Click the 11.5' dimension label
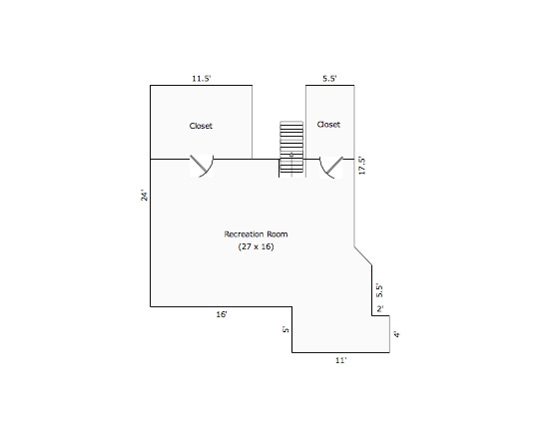(202, 79)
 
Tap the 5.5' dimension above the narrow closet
(329, 79)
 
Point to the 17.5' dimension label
(361, 166)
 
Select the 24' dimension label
(144, 196)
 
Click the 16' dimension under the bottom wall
(222, 314)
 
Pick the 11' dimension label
(340, 360)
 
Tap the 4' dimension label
(396, 334)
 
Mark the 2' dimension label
(379, 309)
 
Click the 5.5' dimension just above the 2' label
(379, 290)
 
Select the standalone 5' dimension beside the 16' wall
(285, 329)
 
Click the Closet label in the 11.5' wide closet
(201, 126)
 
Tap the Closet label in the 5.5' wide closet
(328, 125)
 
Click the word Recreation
(244, 234)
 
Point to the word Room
(277, 234)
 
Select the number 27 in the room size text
(246, 246)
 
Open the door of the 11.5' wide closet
(202, 166)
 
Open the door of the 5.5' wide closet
(331, 167)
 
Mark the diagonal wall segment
(363, 255)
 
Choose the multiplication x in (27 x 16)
(256, 246)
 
